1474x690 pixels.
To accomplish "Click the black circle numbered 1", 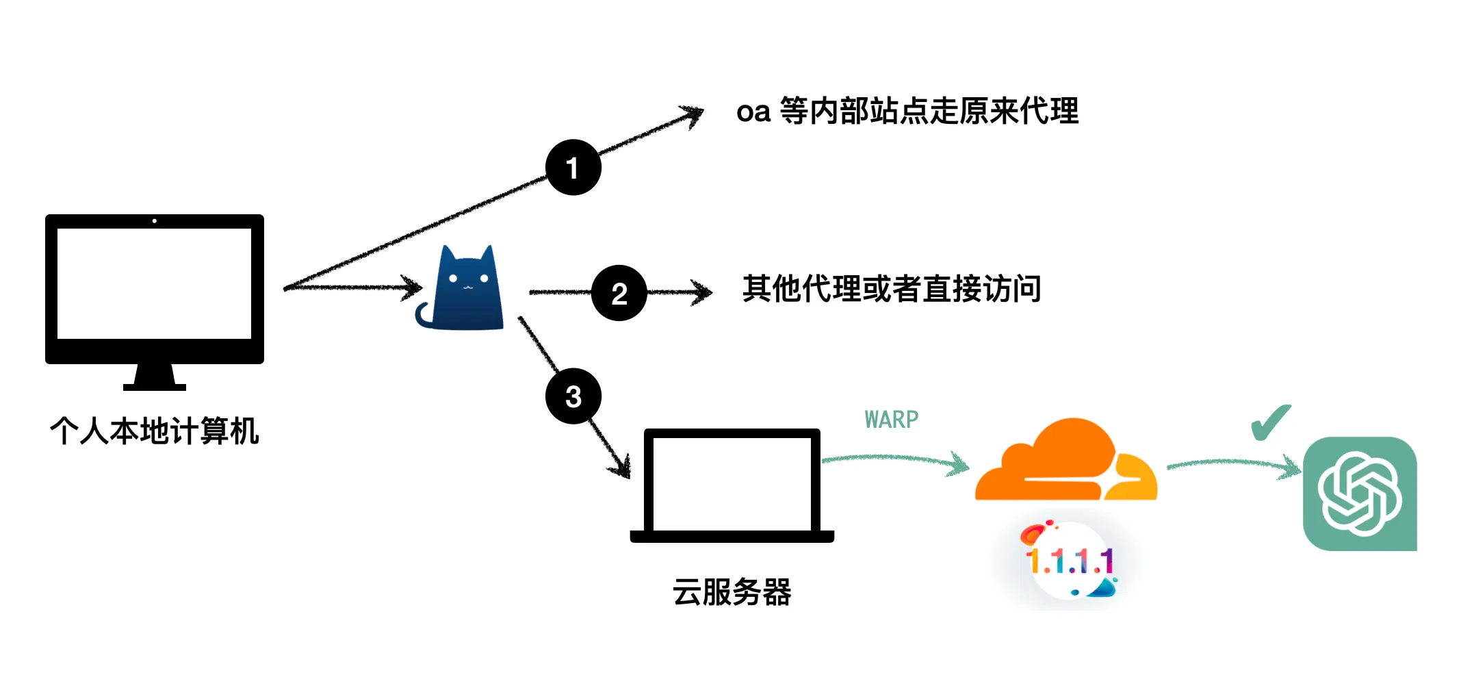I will click(x=573, y=167).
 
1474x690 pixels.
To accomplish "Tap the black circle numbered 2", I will click(x=619, y=293).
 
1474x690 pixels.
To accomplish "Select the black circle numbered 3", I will click(x=573, y=396).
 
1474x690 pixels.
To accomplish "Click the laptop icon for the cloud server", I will click(x=732, y=486).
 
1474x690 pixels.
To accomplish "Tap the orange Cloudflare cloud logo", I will click(x=1065, y=462).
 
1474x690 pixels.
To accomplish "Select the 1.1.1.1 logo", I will click(x=1070, y=561).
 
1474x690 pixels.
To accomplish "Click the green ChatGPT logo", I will click(x=1360, y=494).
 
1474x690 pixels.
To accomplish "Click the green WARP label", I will click(x=891, y=419).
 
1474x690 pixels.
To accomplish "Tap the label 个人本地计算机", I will click(x=155, y=431).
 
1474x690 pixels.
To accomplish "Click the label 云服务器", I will click(x=732, y=592).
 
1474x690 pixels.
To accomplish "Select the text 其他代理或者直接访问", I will click(x=892, y=289).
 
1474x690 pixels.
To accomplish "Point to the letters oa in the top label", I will click(x=753, y=112).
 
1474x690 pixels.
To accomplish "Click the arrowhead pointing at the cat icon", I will click(x=413, y=287).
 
